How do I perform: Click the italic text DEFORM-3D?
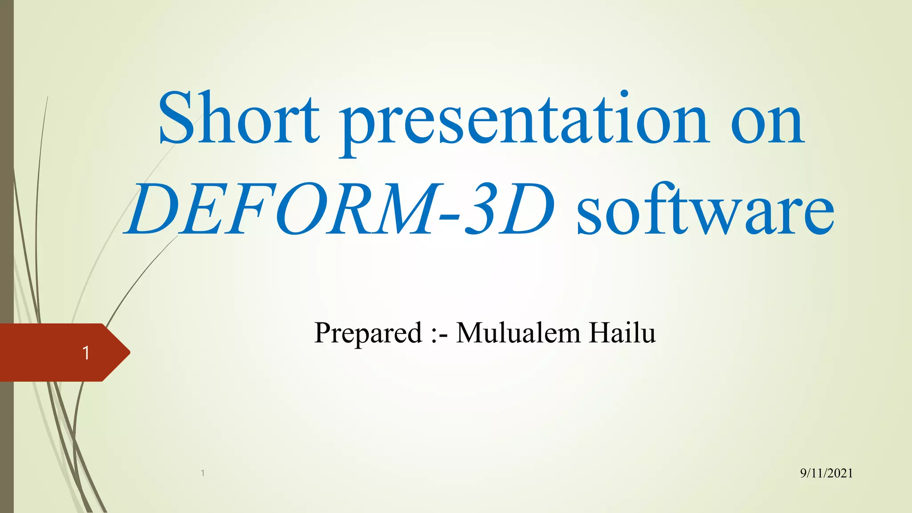point(341,209)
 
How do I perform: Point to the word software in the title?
point(705,209)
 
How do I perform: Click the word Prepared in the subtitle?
point(368,333)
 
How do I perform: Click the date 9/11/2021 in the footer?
point(826,473)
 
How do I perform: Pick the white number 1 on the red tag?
point(86,353)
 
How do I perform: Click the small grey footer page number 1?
point(203,473)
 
